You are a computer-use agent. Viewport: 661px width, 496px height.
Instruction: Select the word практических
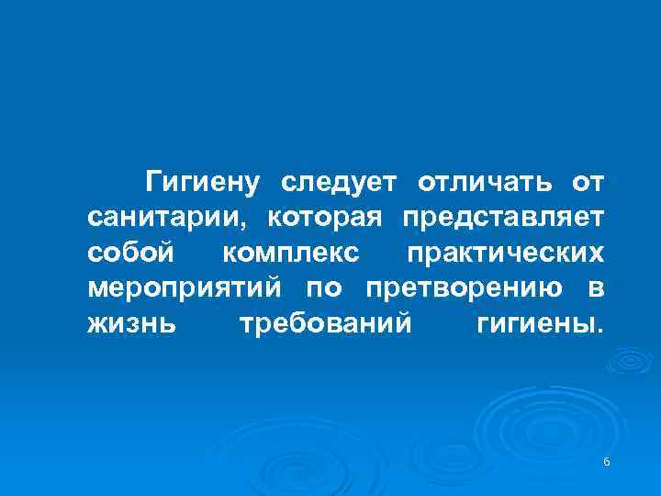(x=504, y=253)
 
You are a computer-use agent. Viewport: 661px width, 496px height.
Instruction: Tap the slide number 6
(x=607, y=460)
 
